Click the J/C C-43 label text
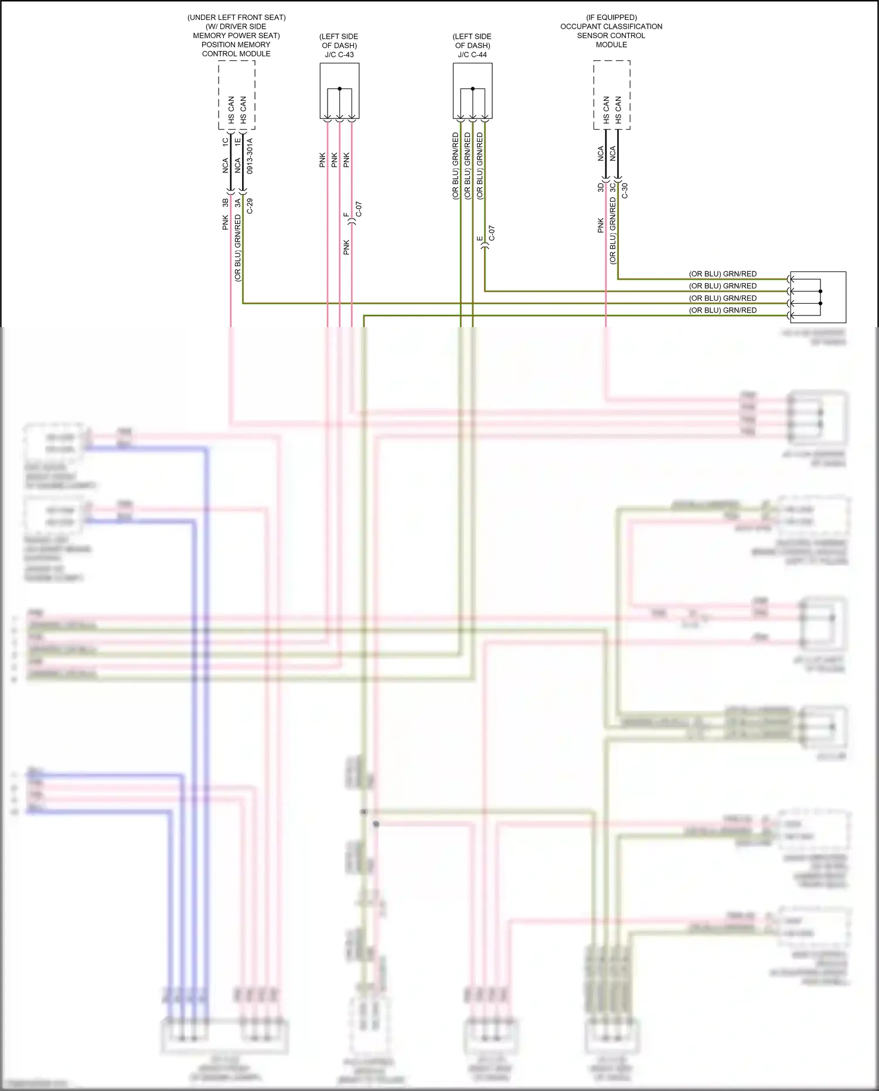(x=339, y=55)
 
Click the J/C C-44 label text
(x=472, y=55)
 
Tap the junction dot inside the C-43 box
(x=339, y=89)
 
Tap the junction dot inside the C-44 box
(x=472, y=89)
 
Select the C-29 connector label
(x=250, y=206)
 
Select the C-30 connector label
(x=625, y=191)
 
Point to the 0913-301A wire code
(x=250, y=156)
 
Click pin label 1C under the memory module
(x=226, y=141)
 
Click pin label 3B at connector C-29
(x=226, y=203)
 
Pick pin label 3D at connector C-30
(x=601, y=188)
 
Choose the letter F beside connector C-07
(x=346, y=215)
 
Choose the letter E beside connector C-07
(x=479, y=239)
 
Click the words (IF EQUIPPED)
(x=611, y=18)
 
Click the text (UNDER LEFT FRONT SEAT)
(x=237, y=18)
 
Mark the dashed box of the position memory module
(x=237, y=95)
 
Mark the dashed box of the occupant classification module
(x=612, y=95)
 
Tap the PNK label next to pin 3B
(x=226, y=222)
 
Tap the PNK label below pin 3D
(x=601, y=225)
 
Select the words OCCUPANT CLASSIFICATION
(x=611, y=26)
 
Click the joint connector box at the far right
(x=818, y=297)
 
